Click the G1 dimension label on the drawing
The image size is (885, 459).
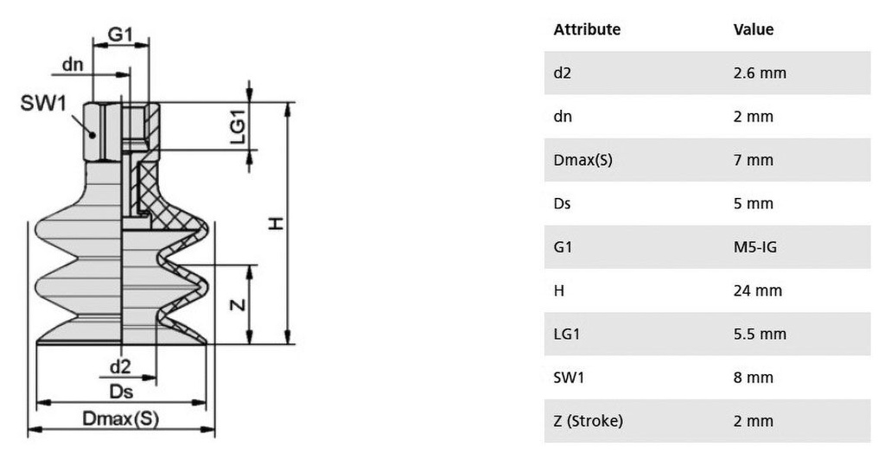pyautogui.click(x=120, y=35)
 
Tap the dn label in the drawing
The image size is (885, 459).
pyautogui.click(x=73, y=64)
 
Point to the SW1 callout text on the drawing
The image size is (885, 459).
pyautogui.click(x=43, y=103)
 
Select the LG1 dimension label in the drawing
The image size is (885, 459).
pyautogui.click(x=239, y=126)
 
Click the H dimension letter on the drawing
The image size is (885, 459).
pyautogui.click(x=275, y=224)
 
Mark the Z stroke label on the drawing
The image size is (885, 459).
pyautogui.click(x=239, y=305)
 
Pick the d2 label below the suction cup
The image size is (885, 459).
pyautogui.click(x=120, y=367)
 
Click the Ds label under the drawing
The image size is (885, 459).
pyautogui.click(x=121, y=392)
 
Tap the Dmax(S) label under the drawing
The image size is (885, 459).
pyautogui.click(x=121, y=418)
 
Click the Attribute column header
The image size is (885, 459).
pyautogui.click(x=587, y=29)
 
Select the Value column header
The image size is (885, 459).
pyautogui.click(x=754, y=29)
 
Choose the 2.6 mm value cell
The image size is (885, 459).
pyautogui.click(x=760, y=73)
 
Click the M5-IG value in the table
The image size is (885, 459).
pyautogui.click(x=755, y=246)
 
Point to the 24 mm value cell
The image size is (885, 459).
pyautogui.click(x=757, y=290)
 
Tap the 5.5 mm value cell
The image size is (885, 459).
pyautogui.click(x=760, y=334)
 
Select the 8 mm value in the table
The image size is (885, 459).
pyautogui.click(x=753, y=377)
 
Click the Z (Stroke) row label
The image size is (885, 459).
pyautogui.click(x=588, y=421)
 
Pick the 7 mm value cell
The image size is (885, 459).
pyautogui.click(x=753, y=160)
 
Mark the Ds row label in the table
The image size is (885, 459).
pyautogui.click(x=562, y=203)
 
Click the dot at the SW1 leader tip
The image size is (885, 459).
pyautogui.click(x=92, y=134)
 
